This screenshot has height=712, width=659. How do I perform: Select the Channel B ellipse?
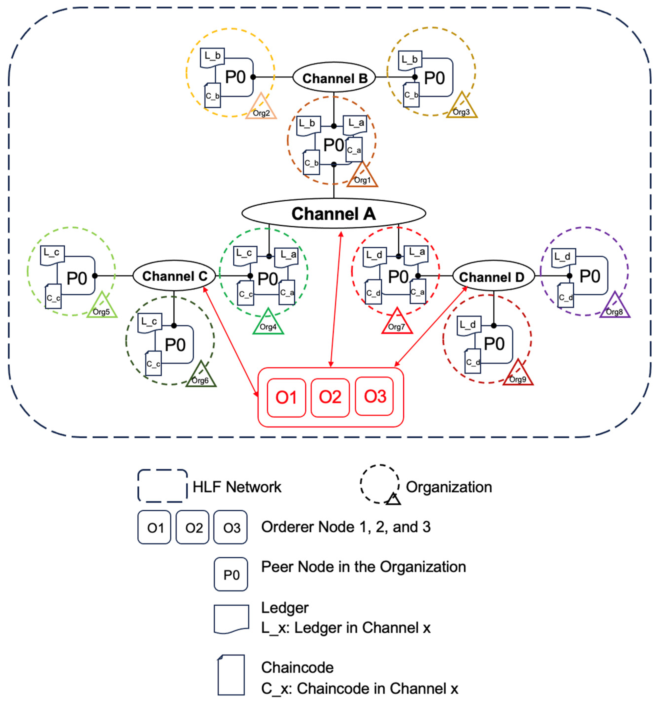(x=334, y=78)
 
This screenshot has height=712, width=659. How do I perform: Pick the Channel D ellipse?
(x=493, y=277)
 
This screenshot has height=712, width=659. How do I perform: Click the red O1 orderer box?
(x=286, y=397)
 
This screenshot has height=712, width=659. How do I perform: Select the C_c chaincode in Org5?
(x=53, y=296)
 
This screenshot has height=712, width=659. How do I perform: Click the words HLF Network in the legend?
(x=237, y=487)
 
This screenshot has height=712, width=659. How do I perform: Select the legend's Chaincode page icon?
(x=231, y=675)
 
